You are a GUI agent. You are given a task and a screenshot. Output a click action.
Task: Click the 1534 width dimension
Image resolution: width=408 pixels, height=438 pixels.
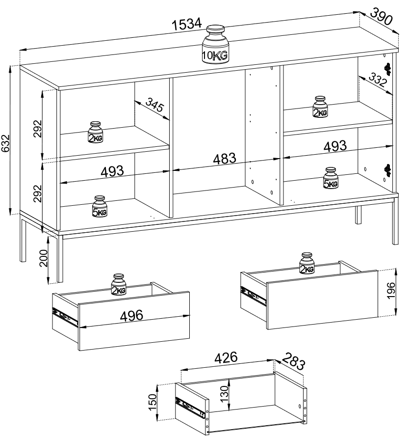pos(186,24)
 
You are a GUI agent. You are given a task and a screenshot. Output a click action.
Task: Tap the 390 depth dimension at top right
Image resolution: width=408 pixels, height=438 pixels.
pos(381,16)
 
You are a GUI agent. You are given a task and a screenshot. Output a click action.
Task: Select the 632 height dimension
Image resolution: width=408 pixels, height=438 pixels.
pos(5,143)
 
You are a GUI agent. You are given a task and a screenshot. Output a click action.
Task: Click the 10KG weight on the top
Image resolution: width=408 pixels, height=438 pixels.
pos(215,44)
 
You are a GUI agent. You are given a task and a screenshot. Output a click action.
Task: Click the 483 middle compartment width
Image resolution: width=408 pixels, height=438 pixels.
pos(225,159)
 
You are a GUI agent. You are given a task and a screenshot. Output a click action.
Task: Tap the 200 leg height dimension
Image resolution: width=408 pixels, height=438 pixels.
pos(44,258)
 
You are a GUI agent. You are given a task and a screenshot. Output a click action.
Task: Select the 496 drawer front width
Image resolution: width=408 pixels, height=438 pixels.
pos(131,316)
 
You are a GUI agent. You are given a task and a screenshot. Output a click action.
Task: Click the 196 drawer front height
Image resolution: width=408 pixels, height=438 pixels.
pos(391,291)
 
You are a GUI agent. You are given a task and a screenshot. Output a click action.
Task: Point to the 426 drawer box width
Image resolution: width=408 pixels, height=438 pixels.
pos(226,357)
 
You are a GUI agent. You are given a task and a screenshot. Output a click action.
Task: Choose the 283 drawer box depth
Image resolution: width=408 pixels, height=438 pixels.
pos(293,362)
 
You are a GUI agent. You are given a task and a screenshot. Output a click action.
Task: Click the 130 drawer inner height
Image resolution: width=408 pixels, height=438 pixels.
pos(224,394)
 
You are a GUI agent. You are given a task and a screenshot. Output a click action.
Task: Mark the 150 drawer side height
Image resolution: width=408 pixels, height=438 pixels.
pos(153,402)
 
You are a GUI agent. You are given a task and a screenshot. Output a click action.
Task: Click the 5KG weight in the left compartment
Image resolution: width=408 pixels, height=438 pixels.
pos(100,206)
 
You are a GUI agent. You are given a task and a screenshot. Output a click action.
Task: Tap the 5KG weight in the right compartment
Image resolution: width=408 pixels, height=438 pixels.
pos(331,178)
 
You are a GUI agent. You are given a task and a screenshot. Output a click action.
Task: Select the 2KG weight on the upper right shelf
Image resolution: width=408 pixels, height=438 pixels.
pos(320,107)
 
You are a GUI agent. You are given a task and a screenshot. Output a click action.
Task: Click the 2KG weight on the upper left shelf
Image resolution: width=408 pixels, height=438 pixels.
pos(95,132)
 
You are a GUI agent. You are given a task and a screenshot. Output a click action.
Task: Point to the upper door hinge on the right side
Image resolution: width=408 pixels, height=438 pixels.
pos(387,69)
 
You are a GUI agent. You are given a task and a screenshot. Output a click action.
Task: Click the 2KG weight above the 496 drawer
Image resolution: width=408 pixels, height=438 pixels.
pos(119,284)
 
